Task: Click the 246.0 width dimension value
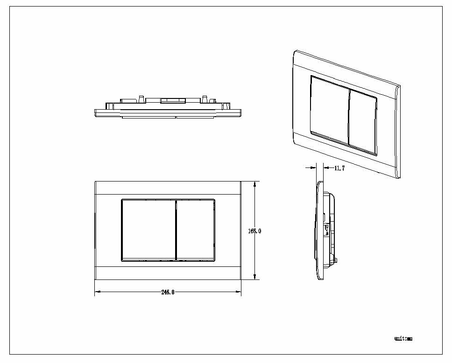click(168, 293)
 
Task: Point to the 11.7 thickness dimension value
click(339, 168)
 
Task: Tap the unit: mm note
click(403, 338)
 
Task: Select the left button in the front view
click(148, 230)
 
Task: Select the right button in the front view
click(196, 230)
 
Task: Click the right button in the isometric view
click(363, 122)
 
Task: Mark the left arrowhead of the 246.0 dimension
click(97, 293)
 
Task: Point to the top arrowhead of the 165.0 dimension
click(254, 184)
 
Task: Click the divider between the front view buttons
click(176, 230)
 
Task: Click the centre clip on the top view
click(173, 100)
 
